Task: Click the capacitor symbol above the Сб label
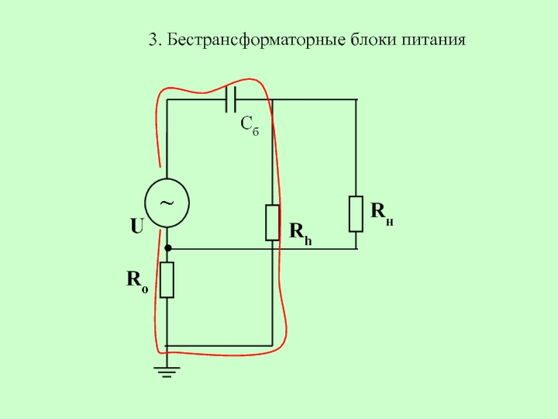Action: (232, 100)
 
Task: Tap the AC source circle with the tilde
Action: (167, 203)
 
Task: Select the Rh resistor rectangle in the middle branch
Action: (273, 223)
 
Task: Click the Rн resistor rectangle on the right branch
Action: (356, 214)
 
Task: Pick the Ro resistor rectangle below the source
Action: (167, 280)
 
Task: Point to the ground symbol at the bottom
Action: (167, 371)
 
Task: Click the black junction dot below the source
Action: (167, 249)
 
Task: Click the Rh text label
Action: (301, 231)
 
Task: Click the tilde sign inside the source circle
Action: (167, 203)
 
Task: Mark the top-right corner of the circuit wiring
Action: (356, 100)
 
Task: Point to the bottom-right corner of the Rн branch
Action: (356, 249)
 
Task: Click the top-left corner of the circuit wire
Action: (167, 100)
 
